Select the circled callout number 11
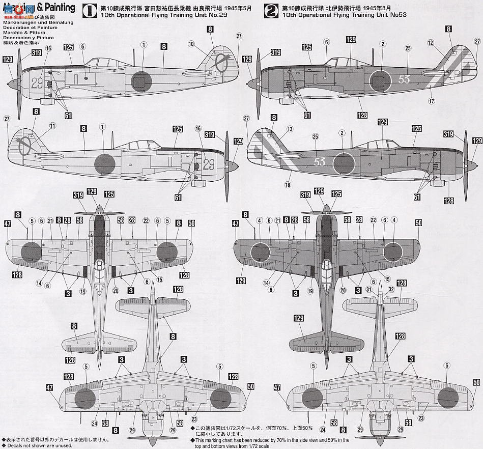click(52, 126)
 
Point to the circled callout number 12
click(431, 43)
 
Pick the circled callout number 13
click(290, 129)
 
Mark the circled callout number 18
click(288, 185)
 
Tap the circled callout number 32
click(391, 290)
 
